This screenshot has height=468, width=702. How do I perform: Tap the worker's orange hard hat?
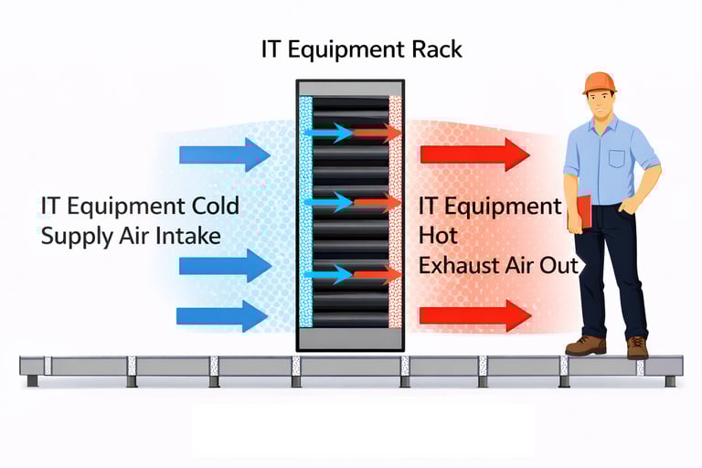tap(599, 82)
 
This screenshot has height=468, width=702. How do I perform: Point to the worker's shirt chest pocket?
tap(617, 157)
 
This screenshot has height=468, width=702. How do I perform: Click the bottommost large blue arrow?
tap(223, 315)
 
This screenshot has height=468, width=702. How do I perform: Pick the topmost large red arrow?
tap(474, 154)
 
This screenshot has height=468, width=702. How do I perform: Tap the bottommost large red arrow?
tap(474, 316)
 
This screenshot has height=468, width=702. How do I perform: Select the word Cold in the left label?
tap(216, 206)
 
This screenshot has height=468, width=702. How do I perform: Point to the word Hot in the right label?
tap(436, 237)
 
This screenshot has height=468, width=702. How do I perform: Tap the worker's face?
tap(600, 103)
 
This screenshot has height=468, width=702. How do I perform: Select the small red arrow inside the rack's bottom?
tap(378, 273)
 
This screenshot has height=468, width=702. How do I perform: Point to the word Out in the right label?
tap(559, 266)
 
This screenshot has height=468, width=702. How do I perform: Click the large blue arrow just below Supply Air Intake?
tap(225, 265)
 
